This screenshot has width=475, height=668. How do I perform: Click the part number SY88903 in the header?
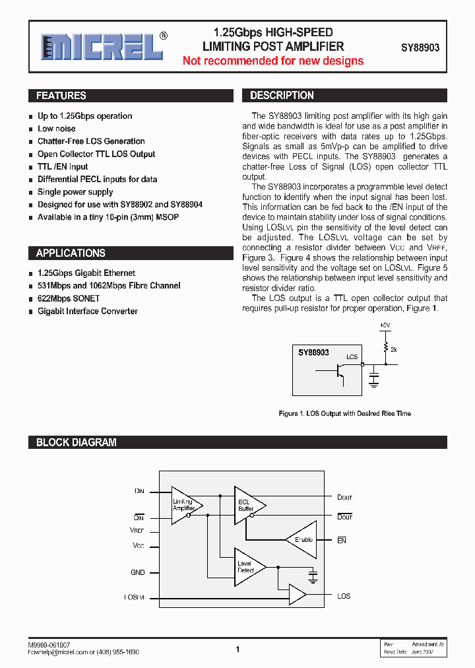click(420, 48)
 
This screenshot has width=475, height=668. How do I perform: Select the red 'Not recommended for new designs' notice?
click(272, 61)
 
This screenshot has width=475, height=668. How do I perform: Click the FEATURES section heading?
click(61, 96)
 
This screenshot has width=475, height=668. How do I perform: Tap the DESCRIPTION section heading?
click(282, 96)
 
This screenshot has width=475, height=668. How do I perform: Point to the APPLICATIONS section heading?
click(71, 253)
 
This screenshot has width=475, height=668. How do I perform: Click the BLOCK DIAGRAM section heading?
click(76, 442)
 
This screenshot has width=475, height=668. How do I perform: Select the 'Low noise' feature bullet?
click(56, 129)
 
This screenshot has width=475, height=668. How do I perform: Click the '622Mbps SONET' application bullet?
click(68, 298)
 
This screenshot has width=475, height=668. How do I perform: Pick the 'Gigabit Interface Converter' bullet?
click(87, 311)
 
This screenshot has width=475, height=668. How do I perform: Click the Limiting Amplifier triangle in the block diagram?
click(185, 506)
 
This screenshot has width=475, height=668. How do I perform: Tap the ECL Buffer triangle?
click(247, 506)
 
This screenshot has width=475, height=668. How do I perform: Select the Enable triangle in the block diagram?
click(301, 540)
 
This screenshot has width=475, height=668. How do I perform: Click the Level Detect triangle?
click(247, 566)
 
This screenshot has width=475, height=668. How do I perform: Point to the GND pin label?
click(137, 572)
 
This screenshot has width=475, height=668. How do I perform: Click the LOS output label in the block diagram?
click(344, 596)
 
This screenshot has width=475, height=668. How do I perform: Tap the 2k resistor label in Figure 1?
click(394, 349)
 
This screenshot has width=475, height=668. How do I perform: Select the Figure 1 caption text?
click(344, 414)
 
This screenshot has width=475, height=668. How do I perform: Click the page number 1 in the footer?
click(237, 650)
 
